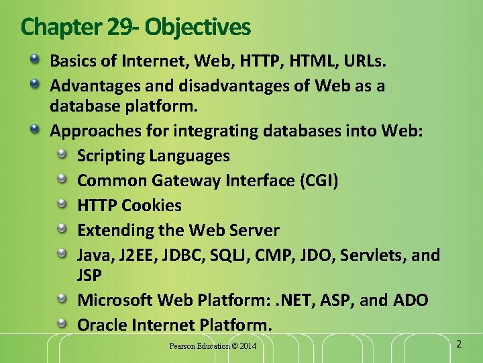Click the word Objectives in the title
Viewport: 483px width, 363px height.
pos(197,28)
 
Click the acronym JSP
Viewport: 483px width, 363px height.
pos(90,275)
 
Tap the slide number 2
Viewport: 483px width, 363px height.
pos(459,344)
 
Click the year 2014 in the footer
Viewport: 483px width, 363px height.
pos(246,346)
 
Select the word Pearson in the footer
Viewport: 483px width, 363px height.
pos(183,346)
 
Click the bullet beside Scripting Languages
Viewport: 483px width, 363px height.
pos(62,154)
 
